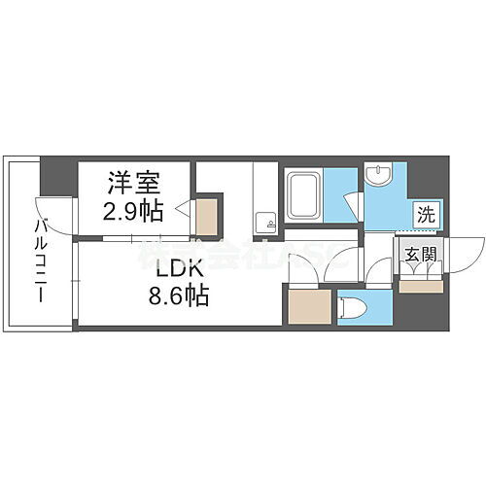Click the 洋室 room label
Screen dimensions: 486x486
133,181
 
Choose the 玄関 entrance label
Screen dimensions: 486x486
419,255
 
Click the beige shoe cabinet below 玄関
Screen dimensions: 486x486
420,285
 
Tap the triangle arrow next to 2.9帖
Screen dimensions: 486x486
183,206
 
